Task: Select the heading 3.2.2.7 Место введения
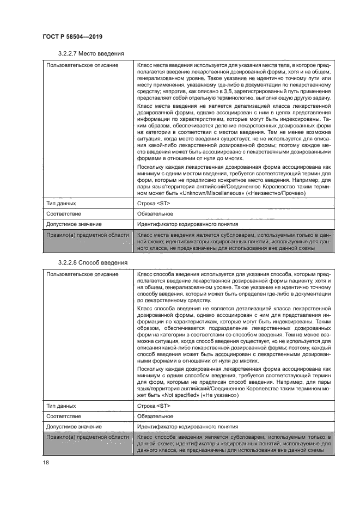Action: (90, 53)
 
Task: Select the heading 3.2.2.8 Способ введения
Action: (92, 262)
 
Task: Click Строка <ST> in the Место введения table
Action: (154, 203)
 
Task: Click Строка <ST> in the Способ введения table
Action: (154, 406)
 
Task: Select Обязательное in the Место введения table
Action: (158, 213)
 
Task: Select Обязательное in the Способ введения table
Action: (158, 416)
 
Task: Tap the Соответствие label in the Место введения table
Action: (64, 213)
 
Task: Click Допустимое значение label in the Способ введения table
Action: (74, 426)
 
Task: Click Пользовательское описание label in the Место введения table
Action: (82, 65)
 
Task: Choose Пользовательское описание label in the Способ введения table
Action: (82, 274)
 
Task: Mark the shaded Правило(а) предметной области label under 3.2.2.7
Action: (87, 234)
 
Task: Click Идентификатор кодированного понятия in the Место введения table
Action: (187, 224)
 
